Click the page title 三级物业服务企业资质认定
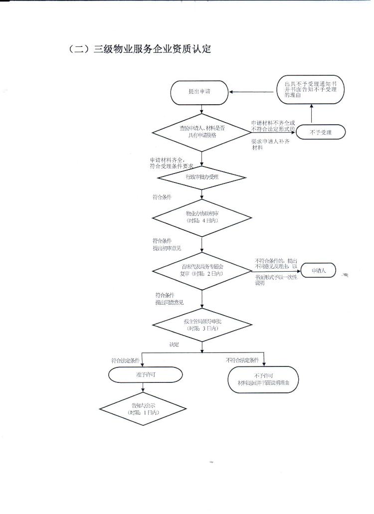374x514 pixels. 140,49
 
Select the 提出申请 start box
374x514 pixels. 199,92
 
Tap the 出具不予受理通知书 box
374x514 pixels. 310,90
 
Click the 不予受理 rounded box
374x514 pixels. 320,132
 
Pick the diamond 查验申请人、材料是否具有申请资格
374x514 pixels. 201,132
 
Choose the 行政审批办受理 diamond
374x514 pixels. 201,177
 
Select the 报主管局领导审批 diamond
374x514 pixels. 201,326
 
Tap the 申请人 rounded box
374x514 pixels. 319,271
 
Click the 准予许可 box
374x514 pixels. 142,374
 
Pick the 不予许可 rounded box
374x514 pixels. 263,379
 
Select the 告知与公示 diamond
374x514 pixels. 143,409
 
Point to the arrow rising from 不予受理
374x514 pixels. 312,115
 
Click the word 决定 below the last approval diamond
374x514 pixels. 174,344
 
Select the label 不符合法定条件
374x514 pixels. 242,359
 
